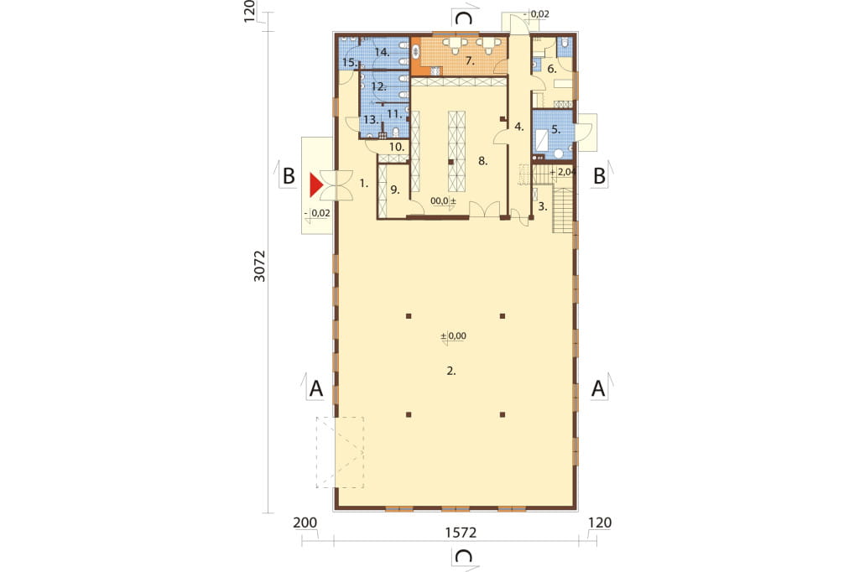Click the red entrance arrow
(x=315, y=185)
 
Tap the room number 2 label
(x=450, y=371)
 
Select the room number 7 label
(x=470, y=60)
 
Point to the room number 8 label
(x=482, y=160)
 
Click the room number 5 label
(x=556, y=130)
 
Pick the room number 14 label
(x=383, y=53)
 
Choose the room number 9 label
(x=395, y=190)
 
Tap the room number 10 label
(x=397, y=147)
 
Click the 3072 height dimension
(x=260, y=266)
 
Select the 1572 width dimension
(x=461, y=532)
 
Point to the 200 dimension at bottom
(x=305, y=523)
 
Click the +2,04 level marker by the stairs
(x=562, y=172)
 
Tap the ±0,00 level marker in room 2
(x=454, y=335)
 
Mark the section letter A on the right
(x=598, y=388)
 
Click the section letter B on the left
(x=289, y=176)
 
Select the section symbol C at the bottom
(x=464, y=556)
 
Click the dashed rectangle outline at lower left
(x=316, y=453)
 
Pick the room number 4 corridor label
(x=519, y=127)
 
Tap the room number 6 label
(x=552, y=69)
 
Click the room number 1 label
(x=364, y=184)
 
